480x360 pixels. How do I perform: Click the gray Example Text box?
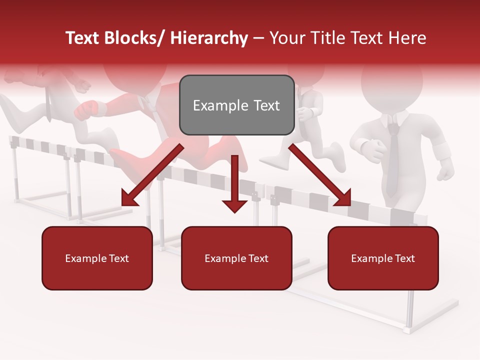(x=236, y=105)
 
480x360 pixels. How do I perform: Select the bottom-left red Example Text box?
(x=97, y=258)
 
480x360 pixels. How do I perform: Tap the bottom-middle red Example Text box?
(x=236, y=258)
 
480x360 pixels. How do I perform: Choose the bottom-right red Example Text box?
(x=383, y=258)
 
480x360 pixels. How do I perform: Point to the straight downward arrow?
(x=234, y=185)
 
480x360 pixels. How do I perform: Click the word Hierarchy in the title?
(x=209, y=38)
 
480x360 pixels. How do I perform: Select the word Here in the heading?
(x=408, y=38)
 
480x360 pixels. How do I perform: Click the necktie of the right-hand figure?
(x=393, y=160)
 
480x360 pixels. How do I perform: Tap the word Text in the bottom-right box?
(x=404, y=258)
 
